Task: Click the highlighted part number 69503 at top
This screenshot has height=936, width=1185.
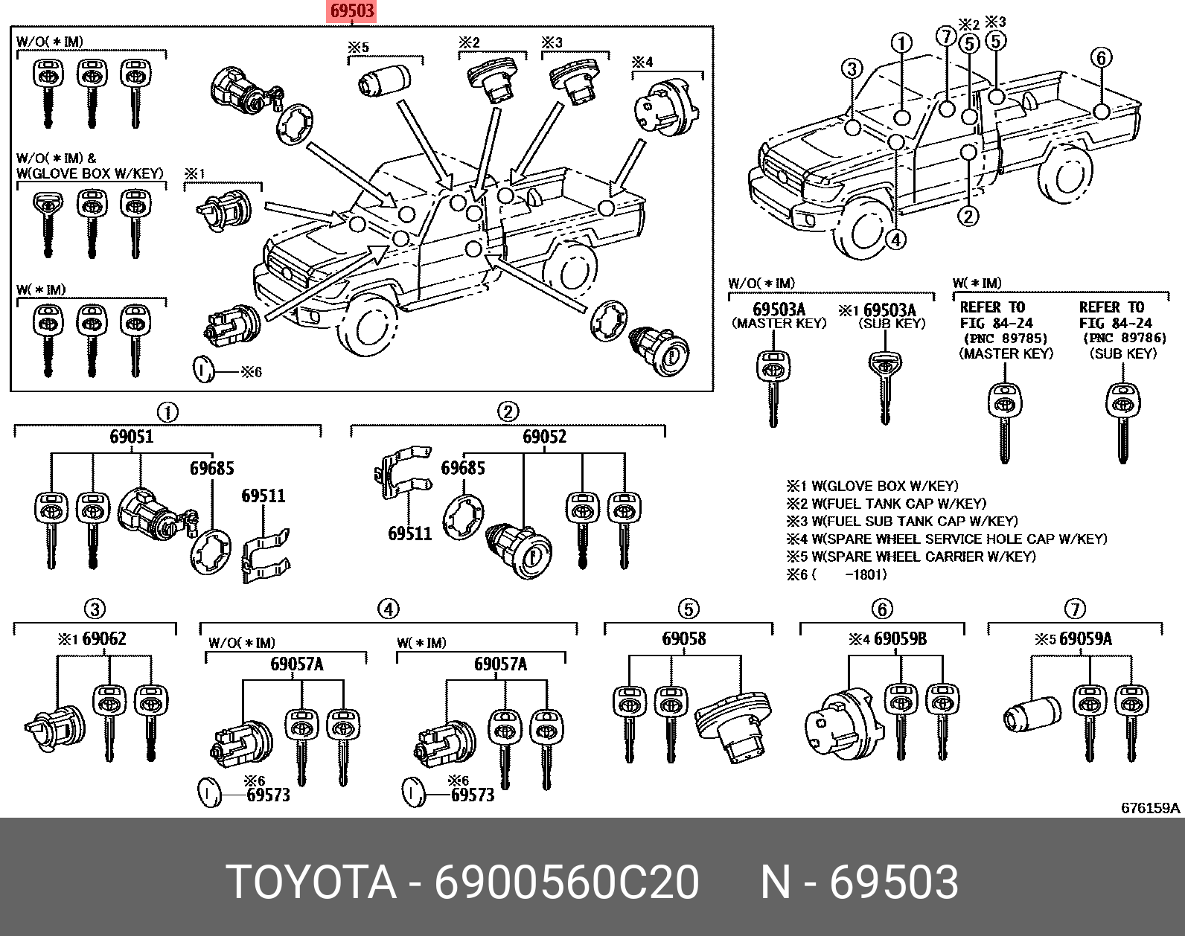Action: [352, 11]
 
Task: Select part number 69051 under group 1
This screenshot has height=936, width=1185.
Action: [131, 437]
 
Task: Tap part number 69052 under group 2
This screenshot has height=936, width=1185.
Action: [544, 437]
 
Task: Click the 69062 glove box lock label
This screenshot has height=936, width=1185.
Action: [103, 639]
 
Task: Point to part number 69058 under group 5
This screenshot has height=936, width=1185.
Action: [684, 639]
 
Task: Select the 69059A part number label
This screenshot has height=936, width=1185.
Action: [1085, 639]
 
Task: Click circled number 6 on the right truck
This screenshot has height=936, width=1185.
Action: [1102, 57]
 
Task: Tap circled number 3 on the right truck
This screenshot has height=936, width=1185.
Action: [852, 69]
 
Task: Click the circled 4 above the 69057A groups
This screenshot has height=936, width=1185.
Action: [389, 609]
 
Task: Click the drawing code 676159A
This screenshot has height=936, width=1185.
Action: [1151, 808]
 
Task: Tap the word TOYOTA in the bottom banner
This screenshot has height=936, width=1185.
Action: [310, 882]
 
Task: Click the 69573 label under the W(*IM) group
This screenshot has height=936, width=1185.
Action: [473, 795]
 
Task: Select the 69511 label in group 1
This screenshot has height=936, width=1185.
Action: [263, 496]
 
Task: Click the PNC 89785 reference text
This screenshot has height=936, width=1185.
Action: [1006, 339]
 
